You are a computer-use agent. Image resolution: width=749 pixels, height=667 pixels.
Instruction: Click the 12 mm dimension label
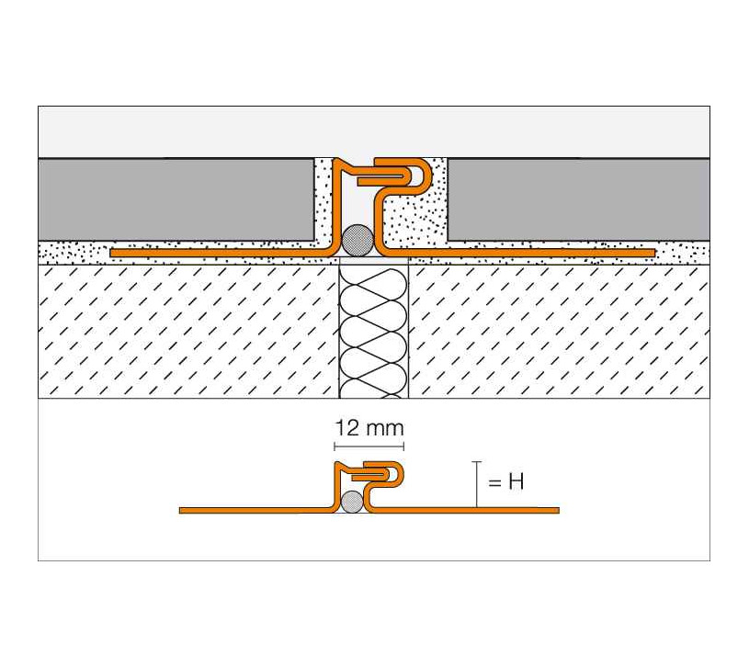coord(369,428)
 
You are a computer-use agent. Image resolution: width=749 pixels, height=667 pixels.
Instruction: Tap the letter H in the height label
coord(516,481)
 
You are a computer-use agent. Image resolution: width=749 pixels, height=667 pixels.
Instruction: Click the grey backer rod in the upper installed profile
coord(357,240)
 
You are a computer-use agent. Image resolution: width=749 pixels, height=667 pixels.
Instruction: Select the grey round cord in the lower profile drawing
coord(353,502)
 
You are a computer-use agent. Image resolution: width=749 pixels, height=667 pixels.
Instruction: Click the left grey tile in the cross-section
coord(176,199)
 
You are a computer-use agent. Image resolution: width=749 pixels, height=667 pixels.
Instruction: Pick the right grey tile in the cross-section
coord(578,199)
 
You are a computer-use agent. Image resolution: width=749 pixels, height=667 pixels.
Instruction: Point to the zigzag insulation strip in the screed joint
coord(373,332)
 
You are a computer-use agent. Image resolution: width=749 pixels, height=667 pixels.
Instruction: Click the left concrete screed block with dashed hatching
coord(188,332)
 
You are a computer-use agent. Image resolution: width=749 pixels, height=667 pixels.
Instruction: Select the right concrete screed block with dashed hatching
coord(560,332)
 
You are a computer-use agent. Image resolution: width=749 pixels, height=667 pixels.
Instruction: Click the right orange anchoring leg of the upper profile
coord(521,253)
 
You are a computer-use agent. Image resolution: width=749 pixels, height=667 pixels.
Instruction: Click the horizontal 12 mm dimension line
coord(369,447)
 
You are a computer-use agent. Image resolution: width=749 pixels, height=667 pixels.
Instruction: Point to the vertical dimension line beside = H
coord(476,484)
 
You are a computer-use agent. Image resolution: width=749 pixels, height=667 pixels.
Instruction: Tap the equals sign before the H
coord(494,482)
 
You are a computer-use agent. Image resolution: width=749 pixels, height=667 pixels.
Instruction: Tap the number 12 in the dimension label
coord(347,428)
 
